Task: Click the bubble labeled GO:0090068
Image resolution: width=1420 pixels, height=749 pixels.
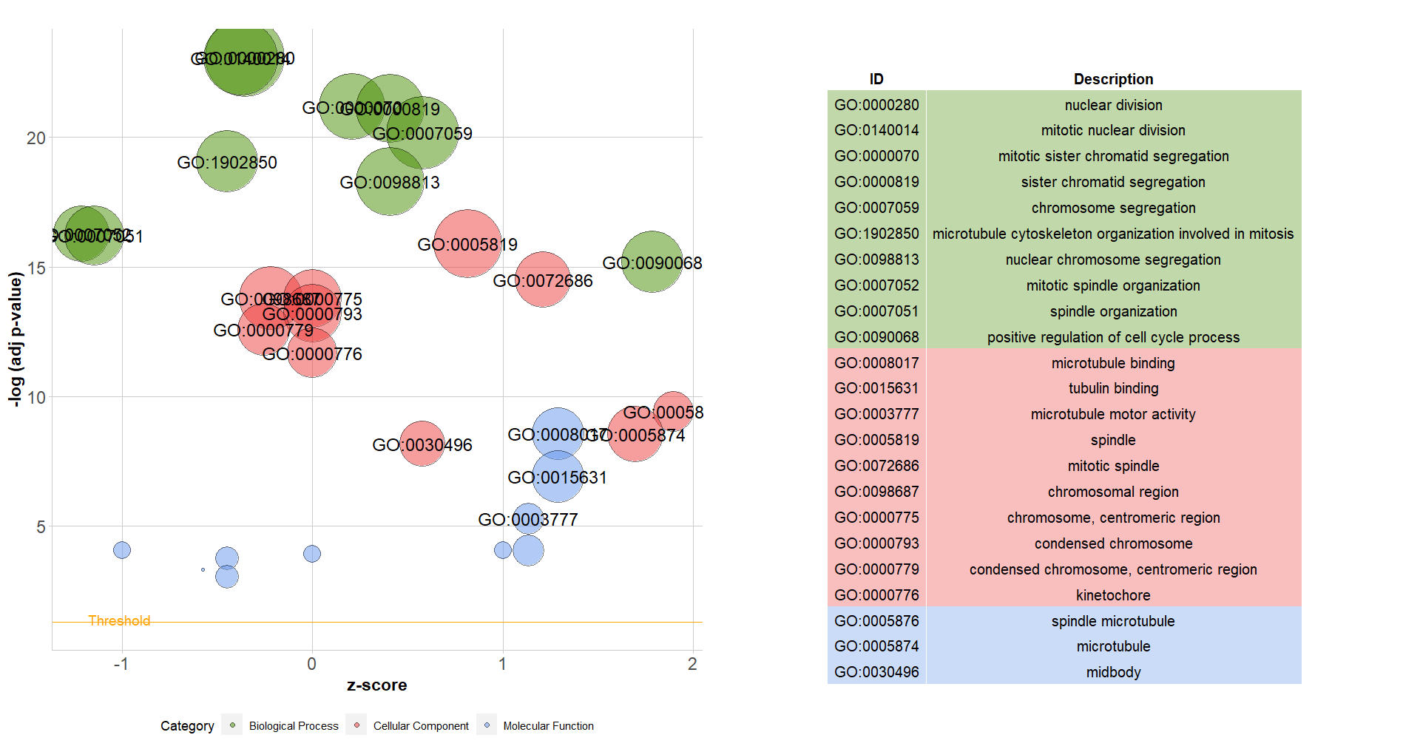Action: (x=652, y=262)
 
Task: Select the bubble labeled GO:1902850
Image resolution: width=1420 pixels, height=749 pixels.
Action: (x=227, y=161)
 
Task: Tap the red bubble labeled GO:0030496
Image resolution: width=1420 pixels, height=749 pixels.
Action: (x=422, y=444)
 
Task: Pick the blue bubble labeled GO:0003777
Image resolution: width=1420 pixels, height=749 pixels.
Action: (x=527, y=518)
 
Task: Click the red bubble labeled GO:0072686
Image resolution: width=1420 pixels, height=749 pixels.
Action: (x=543, y=279)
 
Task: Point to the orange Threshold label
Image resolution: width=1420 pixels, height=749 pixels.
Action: (x=119, y=620)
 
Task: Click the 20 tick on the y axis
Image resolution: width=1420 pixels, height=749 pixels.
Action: (x=35, y=138)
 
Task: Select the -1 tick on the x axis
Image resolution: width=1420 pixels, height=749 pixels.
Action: (x=121, y=664)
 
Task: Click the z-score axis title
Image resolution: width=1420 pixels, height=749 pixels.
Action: (x=376, y=685)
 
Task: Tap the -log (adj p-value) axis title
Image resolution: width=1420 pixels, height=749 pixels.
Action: (x=15, y=339)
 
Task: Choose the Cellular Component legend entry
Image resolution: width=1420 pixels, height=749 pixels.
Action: (x=420, y=726)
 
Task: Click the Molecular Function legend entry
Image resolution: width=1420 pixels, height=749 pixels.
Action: (x=548, y=726)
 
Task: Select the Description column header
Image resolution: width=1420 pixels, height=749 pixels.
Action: (x=1113, y=79)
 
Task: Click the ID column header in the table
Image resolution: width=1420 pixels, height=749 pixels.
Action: (x=876, y=79)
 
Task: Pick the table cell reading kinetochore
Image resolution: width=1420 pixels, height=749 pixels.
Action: (x=1113, y=595)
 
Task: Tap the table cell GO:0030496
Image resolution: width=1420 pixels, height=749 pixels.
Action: (x=876, y=672)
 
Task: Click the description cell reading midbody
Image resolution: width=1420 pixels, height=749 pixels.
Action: (x=1113, y=672)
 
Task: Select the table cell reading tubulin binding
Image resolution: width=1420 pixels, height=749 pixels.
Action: (x=1113, y=388)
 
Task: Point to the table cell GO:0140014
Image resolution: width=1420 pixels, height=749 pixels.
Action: (x=876, y=130)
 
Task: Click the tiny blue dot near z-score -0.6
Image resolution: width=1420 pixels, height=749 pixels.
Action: (x=203, y=569)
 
